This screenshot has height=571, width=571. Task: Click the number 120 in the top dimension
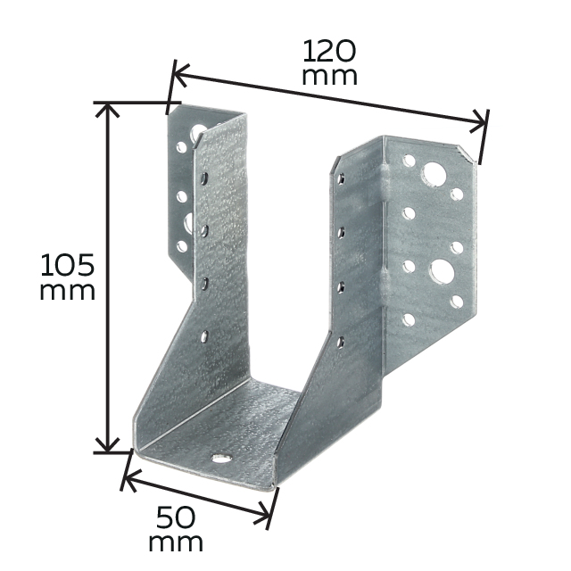tap(329, 49)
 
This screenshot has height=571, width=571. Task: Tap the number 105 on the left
tap(68, 265)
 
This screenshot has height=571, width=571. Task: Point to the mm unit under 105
tap(68, 291)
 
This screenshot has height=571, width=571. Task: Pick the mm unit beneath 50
tap(176, 542)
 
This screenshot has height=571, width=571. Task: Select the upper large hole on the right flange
tap(434, 172)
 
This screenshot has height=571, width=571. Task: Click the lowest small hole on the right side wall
tap(340, 340)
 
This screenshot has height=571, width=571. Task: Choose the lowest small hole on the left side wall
tap(205, 337)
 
